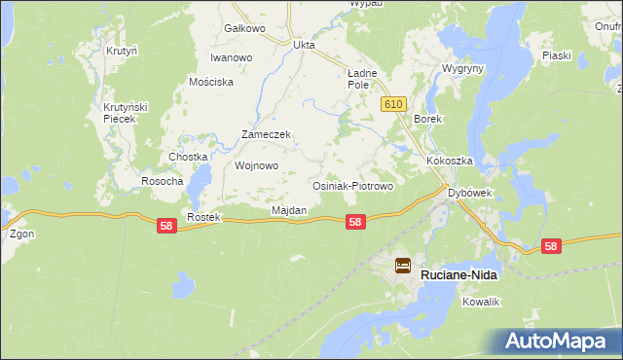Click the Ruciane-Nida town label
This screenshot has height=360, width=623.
tap(458, 275)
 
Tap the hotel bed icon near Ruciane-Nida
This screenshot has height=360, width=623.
tap(402, 265)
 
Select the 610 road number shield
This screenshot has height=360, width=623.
tap(393, 104)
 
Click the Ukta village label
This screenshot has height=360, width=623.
tap(305, 44)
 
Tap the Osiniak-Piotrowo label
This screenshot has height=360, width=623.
tap(351, 185)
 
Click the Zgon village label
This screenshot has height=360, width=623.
tap(21, 234)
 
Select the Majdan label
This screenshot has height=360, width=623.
tap(289, 210)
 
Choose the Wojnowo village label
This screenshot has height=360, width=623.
tap(257, 165)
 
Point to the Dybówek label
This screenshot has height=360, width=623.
tap(470, 193)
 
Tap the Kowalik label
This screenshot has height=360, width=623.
tap(481, 303)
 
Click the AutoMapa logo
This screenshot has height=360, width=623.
tap(559, 341)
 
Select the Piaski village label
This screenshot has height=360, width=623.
tap(557, 55)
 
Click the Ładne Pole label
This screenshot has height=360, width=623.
tap(362, 79)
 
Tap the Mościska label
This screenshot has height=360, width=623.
tap(211, 82)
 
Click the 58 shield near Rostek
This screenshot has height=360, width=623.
tap(166, 226)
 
